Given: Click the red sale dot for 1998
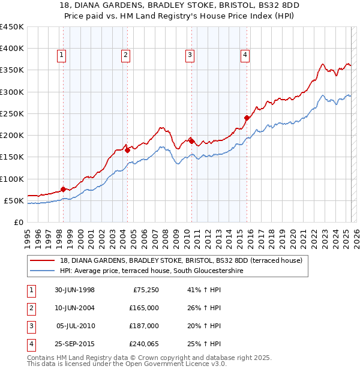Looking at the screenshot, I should (64, 190).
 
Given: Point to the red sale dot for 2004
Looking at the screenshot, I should (127, 151).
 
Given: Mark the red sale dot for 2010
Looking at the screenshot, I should (191, 141).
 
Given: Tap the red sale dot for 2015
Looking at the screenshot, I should (247, 118).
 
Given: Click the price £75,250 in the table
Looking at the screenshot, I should (145, 290).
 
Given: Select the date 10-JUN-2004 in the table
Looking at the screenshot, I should (74, 308).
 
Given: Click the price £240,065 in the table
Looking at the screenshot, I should (143, 344).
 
